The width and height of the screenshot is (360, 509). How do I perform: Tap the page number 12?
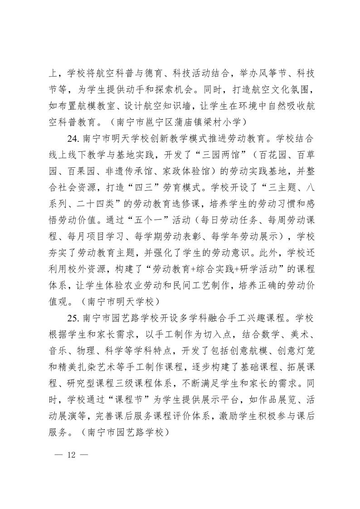click(x=70, y=455)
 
